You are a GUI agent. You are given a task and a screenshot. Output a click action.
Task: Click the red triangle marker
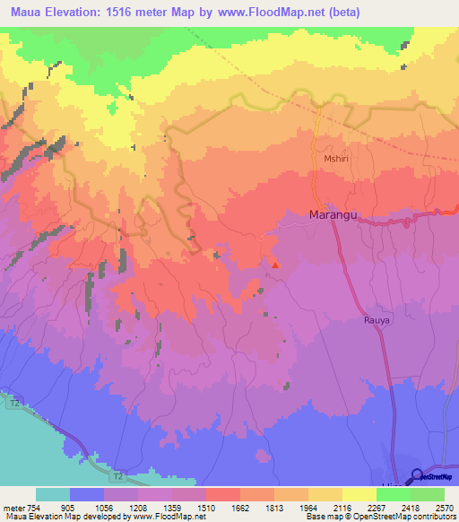coord(275,264)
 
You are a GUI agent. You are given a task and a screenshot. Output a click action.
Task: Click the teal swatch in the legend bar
coord(52,494)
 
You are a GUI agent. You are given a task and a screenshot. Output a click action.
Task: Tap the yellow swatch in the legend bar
coord(359,494)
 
